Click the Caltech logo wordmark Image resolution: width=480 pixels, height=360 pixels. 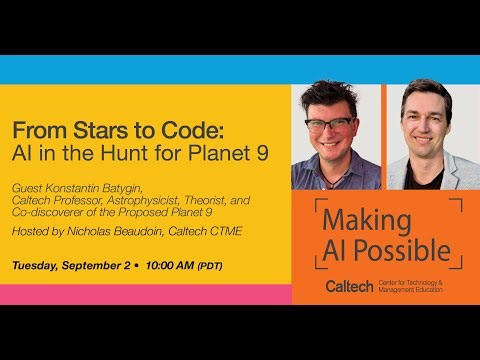349,287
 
